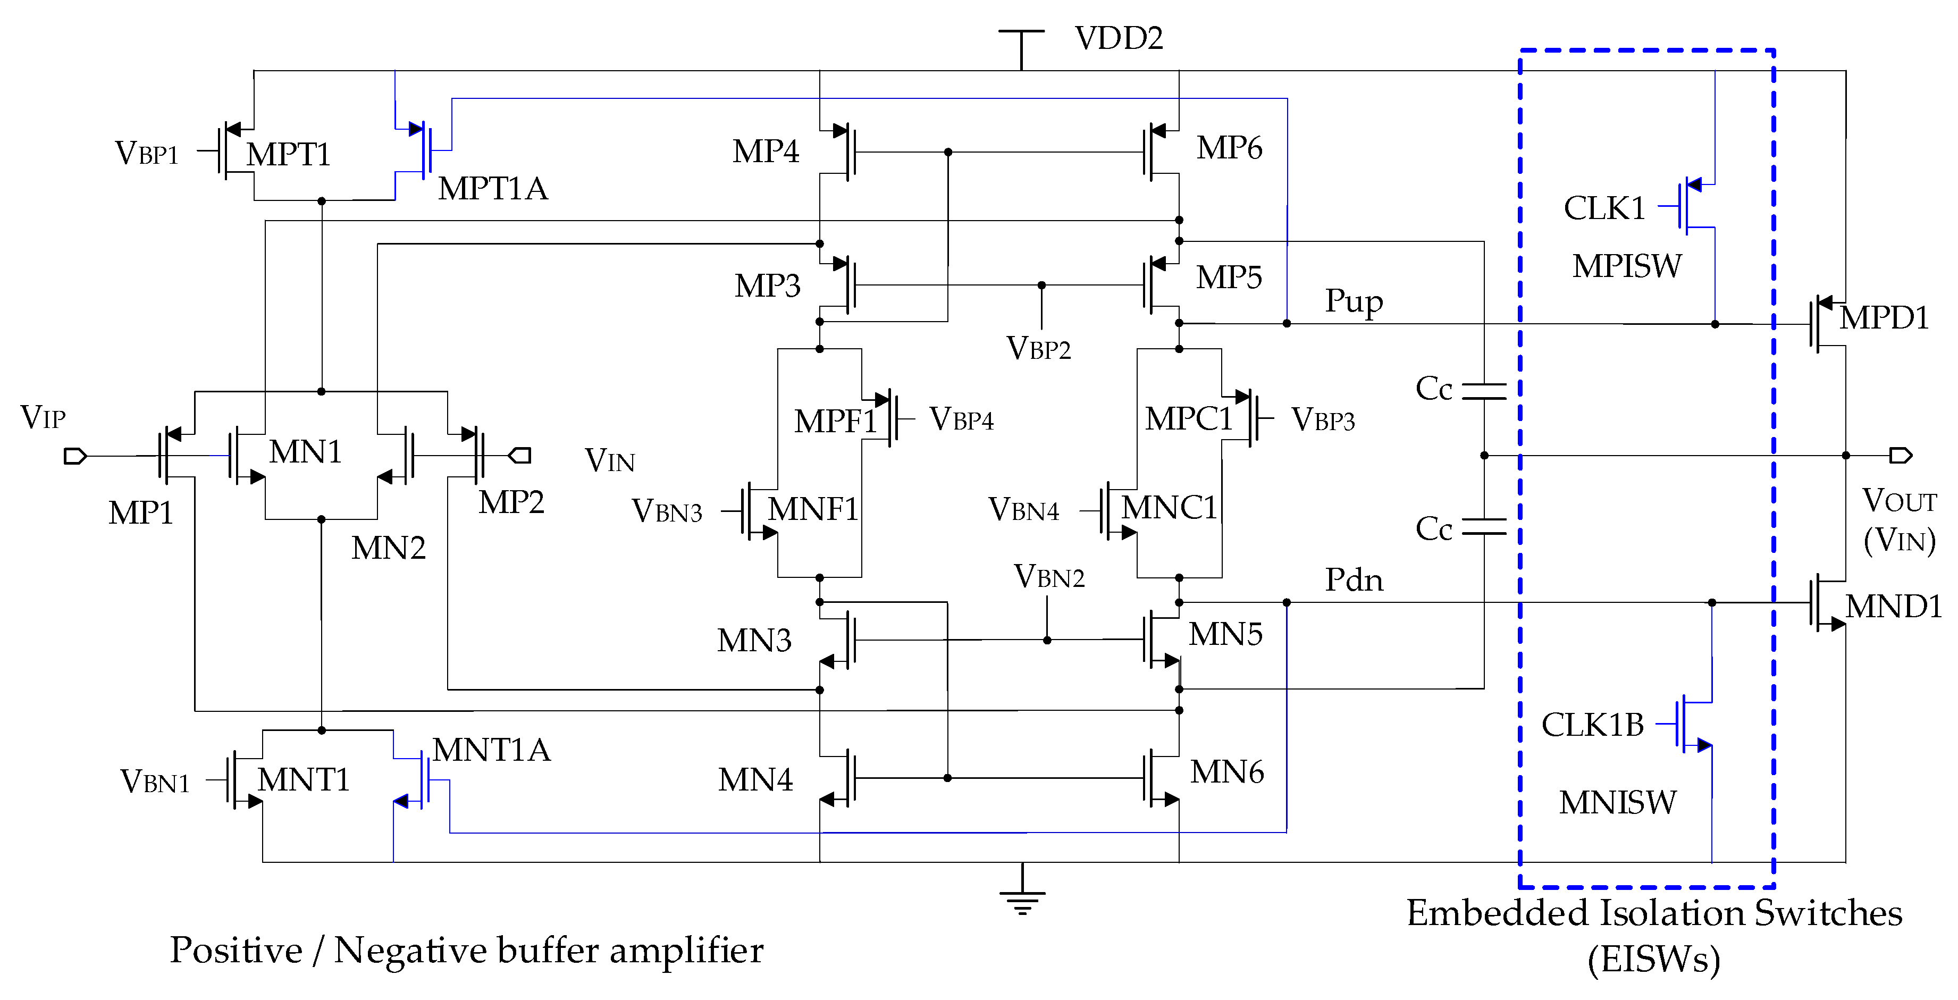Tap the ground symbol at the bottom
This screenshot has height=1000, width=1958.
coord(1022,897)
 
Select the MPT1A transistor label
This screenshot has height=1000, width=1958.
coord(492,188)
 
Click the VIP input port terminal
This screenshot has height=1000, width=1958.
coord(74,456)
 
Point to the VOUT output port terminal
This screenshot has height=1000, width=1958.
coord(1900,455)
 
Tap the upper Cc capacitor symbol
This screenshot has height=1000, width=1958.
coord(1484,391)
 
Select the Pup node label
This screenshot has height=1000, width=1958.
coord(1354,301)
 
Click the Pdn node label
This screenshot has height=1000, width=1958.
coord(1354,581)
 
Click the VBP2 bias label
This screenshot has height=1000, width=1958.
coord(1038,349)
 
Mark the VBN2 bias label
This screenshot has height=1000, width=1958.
coord(1049,577)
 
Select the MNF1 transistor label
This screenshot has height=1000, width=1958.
coord(812,509)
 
